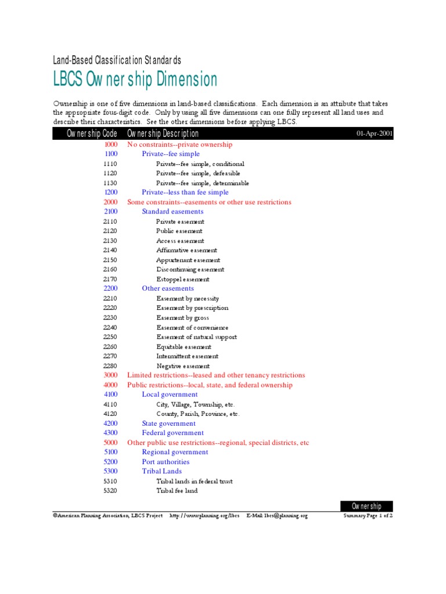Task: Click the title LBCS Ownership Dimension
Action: (x=135, y=79)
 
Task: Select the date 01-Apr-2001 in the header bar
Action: (x=375, y=134)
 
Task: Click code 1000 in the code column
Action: (x=110, y=144)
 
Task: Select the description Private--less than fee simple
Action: (x=185, y=193)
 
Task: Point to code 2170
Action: (x=110, y=279)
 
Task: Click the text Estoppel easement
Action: (x=183, y=279)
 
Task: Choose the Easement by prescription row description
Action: (x=192, y=308)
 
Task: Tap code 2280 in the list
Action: (x=110, y=366)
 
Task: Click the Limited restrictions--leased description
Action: (x=215, y=375)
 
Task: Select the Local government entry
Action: (x=170, y=394)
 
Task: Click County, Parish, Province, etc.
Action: (x=197, y=414)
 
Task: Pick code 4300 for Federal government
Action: (x=110, y=433)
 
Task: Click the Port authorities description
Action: (x=166, y=462)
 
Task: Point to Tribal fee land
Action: (x=177, y=491)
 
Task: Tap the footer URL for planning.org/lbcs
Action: (x=204, y=516)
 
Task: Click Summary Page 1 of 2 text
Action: (x=368, y=516)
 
